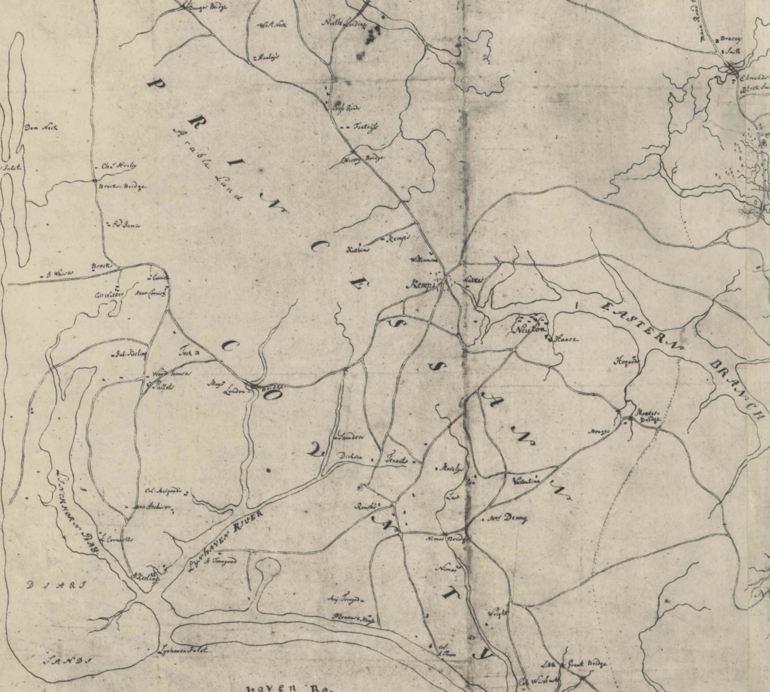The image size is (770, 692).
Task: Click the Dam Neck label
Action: [x=41, y=128]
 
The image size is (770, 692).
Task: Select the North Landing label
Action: [x=344, y=24]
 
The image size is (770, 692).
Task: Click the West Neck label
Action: [x=274, y=26]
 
